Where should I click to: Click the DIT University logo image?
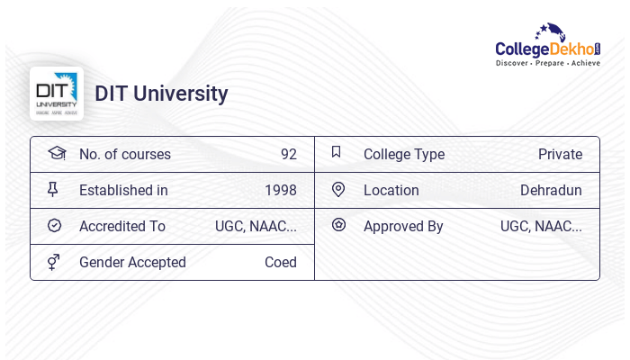(57, 94)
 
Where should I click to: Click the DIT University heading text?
(161, 94)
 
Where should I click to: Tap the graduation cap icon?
(57, 153)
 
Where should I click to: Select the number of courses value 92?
(288, 154)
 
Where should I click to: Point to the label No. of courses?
(124, 154)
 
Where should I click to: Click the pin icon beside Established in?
(52, 189)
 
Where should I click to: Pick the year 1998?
(280, 190)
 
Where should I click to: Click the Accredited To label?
(121, 226)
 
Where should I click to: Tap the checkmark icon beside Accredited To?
(54, 225)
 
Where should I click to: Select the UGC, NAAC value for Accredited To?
(256, 226)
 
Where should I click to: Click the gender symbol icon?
(54, 262)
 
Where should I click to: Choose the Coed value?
(280, 262)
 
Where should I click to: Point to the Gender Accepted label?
(132, 262)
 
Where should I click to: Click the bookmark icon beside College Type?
(337, 152)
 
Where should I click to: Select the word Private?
(560, 154)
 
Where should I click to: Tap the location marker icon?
(338, 189)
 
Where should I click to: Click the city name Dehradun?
(551, 190)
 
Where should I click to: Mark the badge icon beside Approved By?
(338, 225)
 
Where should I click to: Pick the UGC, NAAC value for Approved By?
(541, 226)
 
